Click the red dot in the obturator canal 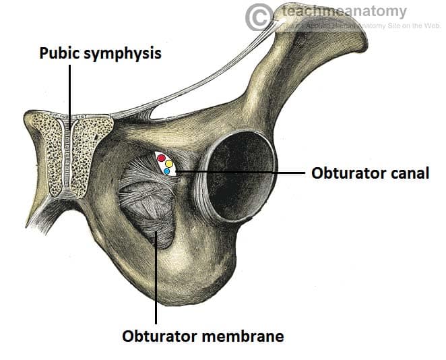[161, 159]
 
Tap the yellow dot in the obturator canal [169, 164]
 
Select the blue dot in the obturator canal [166, 171]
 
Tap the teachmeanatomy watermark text [344, 11]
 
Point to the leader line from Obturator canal [243, 173]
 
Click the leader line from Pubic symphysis [69, 101]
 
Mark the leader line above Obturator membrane [156, 283]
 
